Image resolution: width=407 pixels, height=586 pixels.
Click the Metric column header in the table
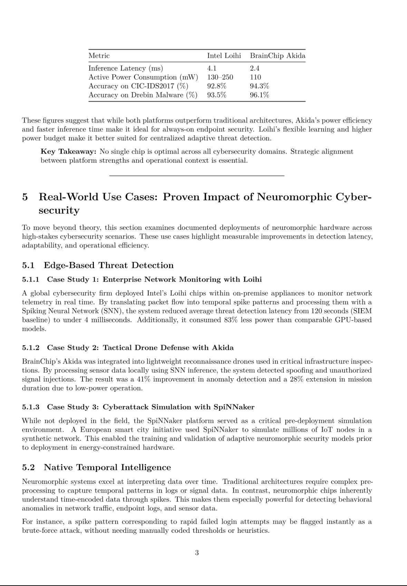pyautogui.click(x=99, y=56)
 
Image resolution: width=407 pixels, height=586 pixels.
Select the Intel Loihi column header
pyautogui.click(x=224, y=56)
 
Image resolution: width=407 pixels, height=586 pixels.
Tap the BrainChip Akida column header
pyautogui.click(x=278, y=56)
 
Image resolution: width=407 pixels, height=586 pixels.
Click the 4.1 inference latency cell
pyautogui.click(x=212, y=68)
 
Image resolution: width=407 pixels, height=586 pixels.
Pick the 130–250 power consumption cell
pyautogui.click(x=220, y=77)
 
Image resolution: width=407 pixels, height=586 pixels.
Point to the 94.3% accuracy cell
pyautogui.click(x=259, y=86)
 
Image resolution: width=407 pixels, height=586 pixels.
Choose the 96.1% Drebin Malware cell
pyautogui.click(x=259, y=95)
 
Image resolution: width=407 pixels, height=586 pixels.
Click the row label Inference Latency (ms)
pyautogui.click(x=126, y=68)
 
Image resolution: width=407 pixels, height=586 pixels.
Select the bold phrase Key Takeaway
pyautogui.click(x=68, y=152)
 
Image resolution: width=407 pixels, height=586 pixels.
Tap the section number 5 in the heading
pyautogui.click(x=25, y=197)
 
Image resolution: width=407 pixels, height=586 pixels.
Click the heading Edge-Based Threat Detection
pyautogui.click(x=108, y=265)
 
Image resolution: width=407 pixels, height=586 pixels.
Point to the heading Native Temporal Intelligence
pyautogui.click(x=107, y=468)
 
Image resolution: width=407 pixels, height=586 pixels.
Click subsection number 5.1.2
pyautogui.click(x=31, y=348)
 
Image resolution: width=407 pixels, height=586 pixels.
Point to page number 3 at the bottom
pyautogui.click(x=197, y=553)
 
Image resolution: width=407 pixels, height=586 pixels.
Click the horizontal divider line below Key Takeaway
pyautogui.click(x=196, y=176)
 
